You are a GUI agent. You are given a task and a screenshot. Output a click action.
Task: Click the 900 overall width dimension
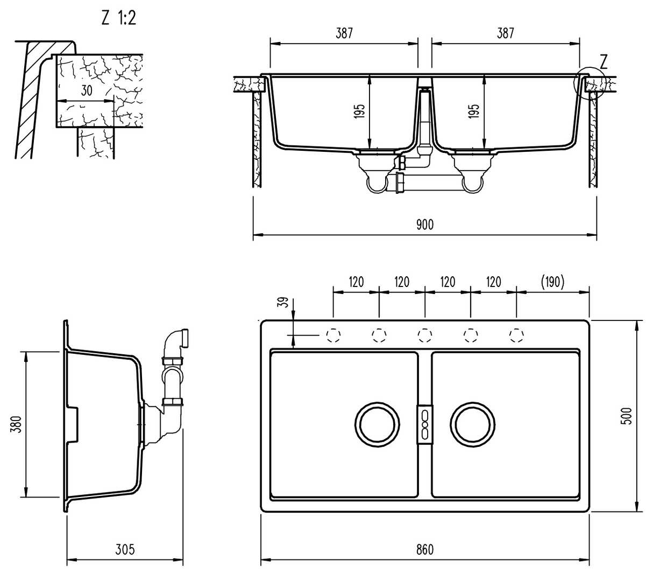tap(424, 225)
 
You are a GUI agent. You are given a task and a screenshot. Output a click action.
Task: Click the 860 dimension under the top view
tap(424, 549)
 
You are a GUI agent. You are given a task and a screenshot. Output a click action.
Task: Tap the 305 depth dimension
tap(125, 549)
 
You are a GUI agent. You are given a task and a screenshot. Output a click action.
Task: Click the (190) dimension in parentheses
tap(551, 282)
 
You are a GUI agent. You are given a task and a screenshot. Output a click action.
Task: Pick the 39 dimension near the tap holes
tap(285, 302)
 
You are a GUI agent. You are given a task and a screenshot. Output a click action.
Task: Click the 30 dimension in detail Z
tap(86, 90)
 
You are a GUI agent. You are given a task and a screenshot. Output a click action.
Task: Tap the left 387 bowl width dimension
tap(344, 33)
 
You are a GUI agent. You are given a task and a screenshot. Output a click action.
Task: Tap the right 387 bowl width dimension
tap(505, 33)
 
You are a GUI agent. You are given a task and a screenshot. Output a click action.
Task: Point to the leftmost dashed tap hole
tap(333, 336)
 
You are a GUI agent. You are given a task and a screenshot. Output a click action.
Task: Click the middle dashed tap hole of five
tap(424, 336)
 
